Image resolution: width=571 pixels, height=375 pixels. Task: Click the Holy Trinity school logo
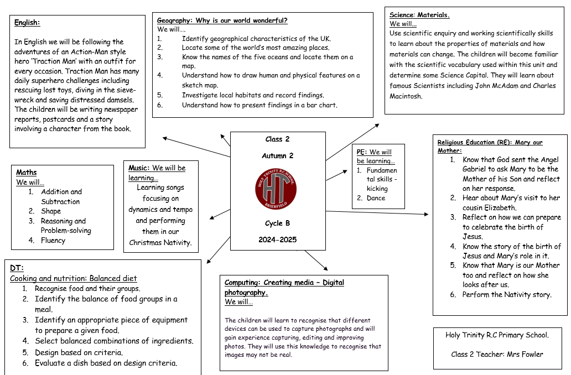point(276,189)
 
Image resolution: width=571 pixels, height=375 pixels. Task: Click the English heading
point(27,23)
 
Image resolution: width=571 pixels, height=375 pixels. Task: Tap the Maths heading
point(26,172)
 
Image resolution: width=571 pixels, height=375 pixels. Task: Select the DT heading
point(17,268)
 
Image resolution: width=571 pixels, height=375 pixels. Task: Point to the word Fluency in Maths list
point(53,240)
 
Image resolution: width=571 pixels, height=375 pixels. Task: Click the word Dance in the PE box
point(376,198)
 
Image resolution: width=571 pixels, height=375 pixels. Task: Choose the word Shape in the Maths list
point(51,211)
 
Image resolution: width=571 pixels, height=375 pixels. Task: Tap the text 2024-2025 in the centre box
point(278,239)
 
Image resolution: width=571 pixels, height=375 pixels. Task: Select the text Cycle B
point(278,223)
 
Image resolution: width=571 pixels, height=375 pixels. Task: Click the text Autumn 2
point(278,156)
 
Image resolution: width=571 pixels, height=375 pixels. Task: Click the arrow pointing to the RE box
point(377,212)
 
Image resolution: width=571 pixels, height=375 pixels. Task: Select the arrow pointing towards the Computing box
point(316,261)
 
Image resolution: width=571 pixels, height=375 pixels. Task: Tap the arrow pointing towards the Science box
point(352,142)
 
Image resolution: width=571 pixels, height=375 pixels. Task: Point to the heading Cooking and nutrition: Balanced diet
point(73,279)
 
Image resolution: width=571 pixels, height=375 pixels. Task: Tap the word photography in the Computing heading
point(246,293)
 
